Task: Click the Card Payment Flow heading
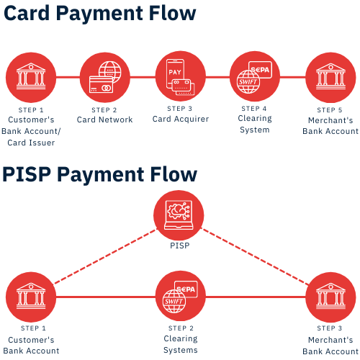99,14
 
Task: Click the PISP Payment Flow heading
99,175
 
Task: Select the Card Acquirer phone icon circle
180,76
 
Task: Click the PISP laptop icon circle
179,215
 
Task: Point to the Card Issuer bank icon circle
31,78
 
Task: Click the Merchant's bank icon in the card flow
330,78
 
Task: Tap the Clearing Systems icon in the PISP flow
180,296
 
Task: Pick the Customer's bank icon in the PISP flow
31,297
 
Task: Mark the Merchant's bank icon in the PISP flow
330,297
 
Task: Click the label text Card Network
104,120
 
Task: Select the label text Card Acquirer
180,119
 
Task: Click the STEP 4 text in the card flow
254,108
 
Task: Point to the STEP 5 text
330,110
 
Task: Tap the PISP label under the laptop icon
179,246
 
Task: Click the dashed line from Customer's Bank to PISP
104,256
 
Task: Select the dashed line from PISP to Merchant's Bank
256,256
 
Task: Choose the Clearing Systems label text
180,344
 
